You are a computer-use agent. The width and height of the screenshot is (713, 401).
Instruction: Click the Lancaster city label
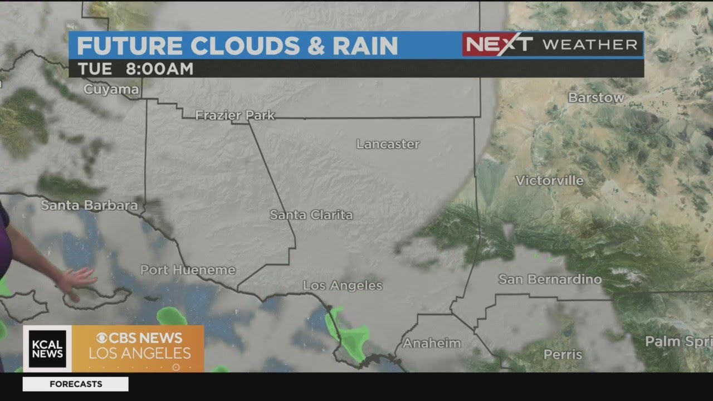[388, 144]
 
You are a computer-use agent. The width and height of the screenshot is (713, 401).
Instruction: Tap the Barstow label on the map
[596, 97]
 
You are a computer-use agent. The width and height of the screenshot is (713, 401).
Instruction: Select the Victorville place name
[549, 180]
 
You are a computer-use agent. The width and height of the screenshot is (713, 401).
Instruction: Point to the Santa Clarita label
[311, 214]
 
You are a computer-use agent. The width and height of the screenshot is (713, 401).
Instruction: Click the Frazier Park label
[235, 115]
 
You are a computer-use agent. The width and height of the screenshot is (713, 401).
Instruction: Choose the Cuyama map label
[111, 89]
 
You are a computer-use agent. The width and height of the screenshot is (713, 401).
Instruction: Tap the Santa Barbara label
[89, 205]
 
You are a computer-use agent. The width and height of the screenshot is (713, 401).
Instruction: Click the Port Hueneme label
[188, 270]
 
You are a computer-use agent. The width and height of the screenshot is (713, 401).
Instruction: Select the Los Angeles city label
[342, 286]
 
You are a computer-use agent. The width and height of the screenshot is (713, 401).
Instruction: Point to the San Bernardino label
[549, 279]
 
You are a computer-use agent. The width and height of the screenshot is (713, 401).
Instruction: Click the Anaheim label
[432, 343]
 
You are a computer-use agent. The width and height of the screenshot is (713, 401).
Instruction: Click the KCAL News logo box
[47, 349]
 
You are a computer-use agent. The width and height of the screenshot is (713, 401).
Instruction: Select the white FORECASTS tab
[75, 384]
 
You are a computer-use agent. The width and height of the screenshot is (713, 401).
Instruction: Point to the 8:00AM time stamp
[159, 69]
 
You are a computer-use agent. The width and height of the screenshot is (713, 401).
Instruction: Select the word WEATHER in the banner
[590, 45]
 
